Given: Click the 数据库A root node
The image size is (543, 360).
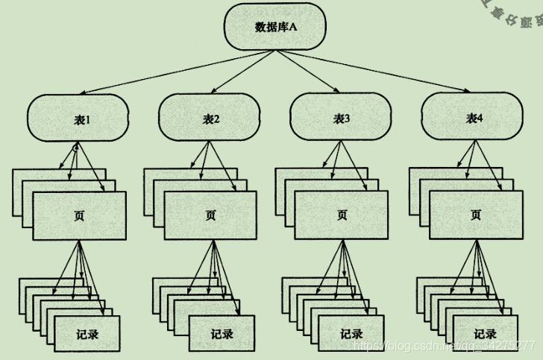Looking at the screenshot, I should point(275,28).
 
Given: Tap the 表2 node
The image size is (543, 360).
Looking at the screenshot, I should point(211,118).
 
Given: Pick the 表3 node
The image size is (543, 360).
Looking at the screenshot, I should point(342,118).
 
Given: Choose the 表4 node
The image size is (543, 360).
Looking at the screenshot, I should point(474,118).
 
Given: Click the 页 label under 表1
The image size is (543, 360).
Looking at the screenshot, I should point(79,215).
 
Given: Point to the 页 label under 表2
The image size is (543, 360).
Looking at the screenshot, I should point(211,215).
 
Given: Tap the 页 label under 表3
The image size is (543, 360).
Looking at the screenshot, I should point(342,215).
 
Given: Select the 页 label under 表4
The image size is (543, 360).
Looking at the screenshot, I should point(475,215).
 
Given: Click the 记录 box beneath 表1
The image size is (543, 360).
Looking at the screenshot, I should point(87,333).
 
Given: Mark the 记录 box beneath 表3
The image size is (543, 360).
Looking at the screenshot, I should point(351,333).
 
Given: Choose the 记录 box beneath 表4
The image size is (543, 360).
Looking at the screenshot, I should point(485,333).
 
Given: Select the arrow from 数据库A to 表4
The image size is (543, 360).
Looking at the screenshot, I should point(395,72).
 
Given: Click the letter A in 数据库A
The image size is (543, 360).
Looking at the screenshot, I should point(293,28).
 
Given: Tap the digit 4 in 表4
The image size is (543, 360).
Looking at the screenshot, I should point(481,118).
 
